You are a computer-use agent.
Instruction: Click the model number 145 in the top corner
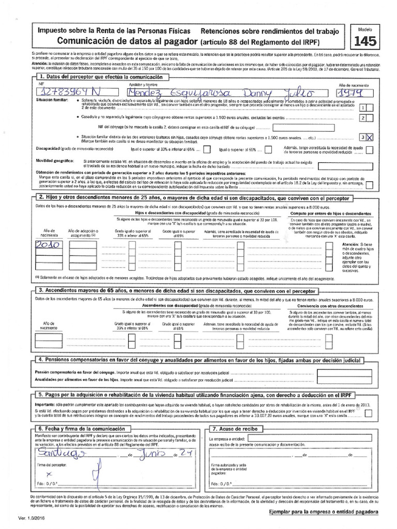[x=366, y=40]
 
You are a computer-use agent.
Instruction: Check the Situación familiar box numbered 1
[x=363, y=107]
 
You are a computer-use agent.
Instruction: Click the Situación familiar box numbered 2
[x=363, y=118]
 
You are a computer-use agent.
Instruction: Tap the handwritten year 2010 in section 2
[x=49, y=244]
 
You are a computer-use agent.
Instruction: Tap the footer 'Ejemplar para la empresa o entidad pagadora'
[x=323, y=511]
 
